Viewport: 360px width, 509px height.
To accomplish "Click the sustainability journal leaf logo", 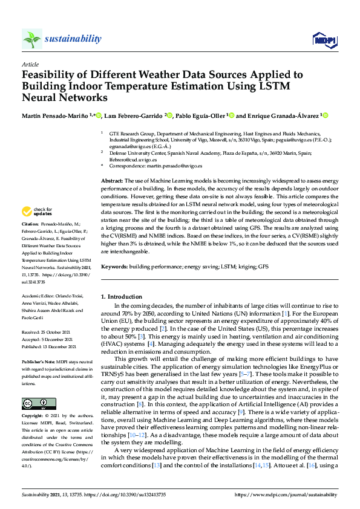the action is tap(32, 39).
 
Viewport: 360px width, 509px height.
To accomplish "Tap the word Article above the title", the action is tap(30, 63).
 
